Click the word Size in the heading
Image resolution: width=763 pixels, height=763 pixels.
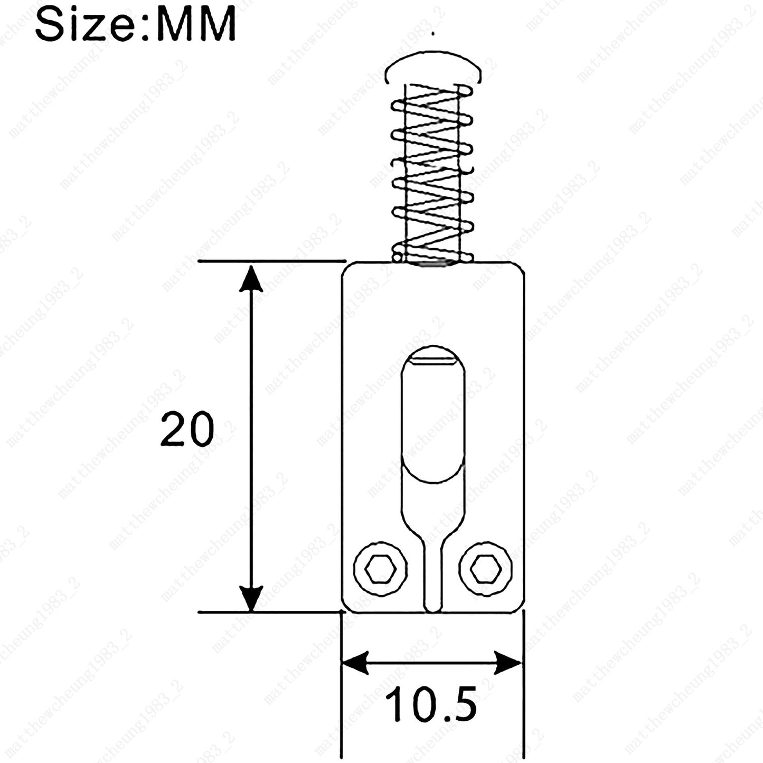pyautogui.click(x=84, y=22)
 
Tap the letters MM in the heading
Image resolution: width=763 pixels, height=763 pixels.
pyautogui.click(x=195, y=23)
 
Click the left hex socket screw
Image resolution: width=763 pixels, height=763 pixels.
pyautogui.click(x=380, y=569)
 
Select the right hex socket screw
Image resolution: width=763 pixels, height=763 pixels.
pyautogui.click(x=486, y=569)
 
